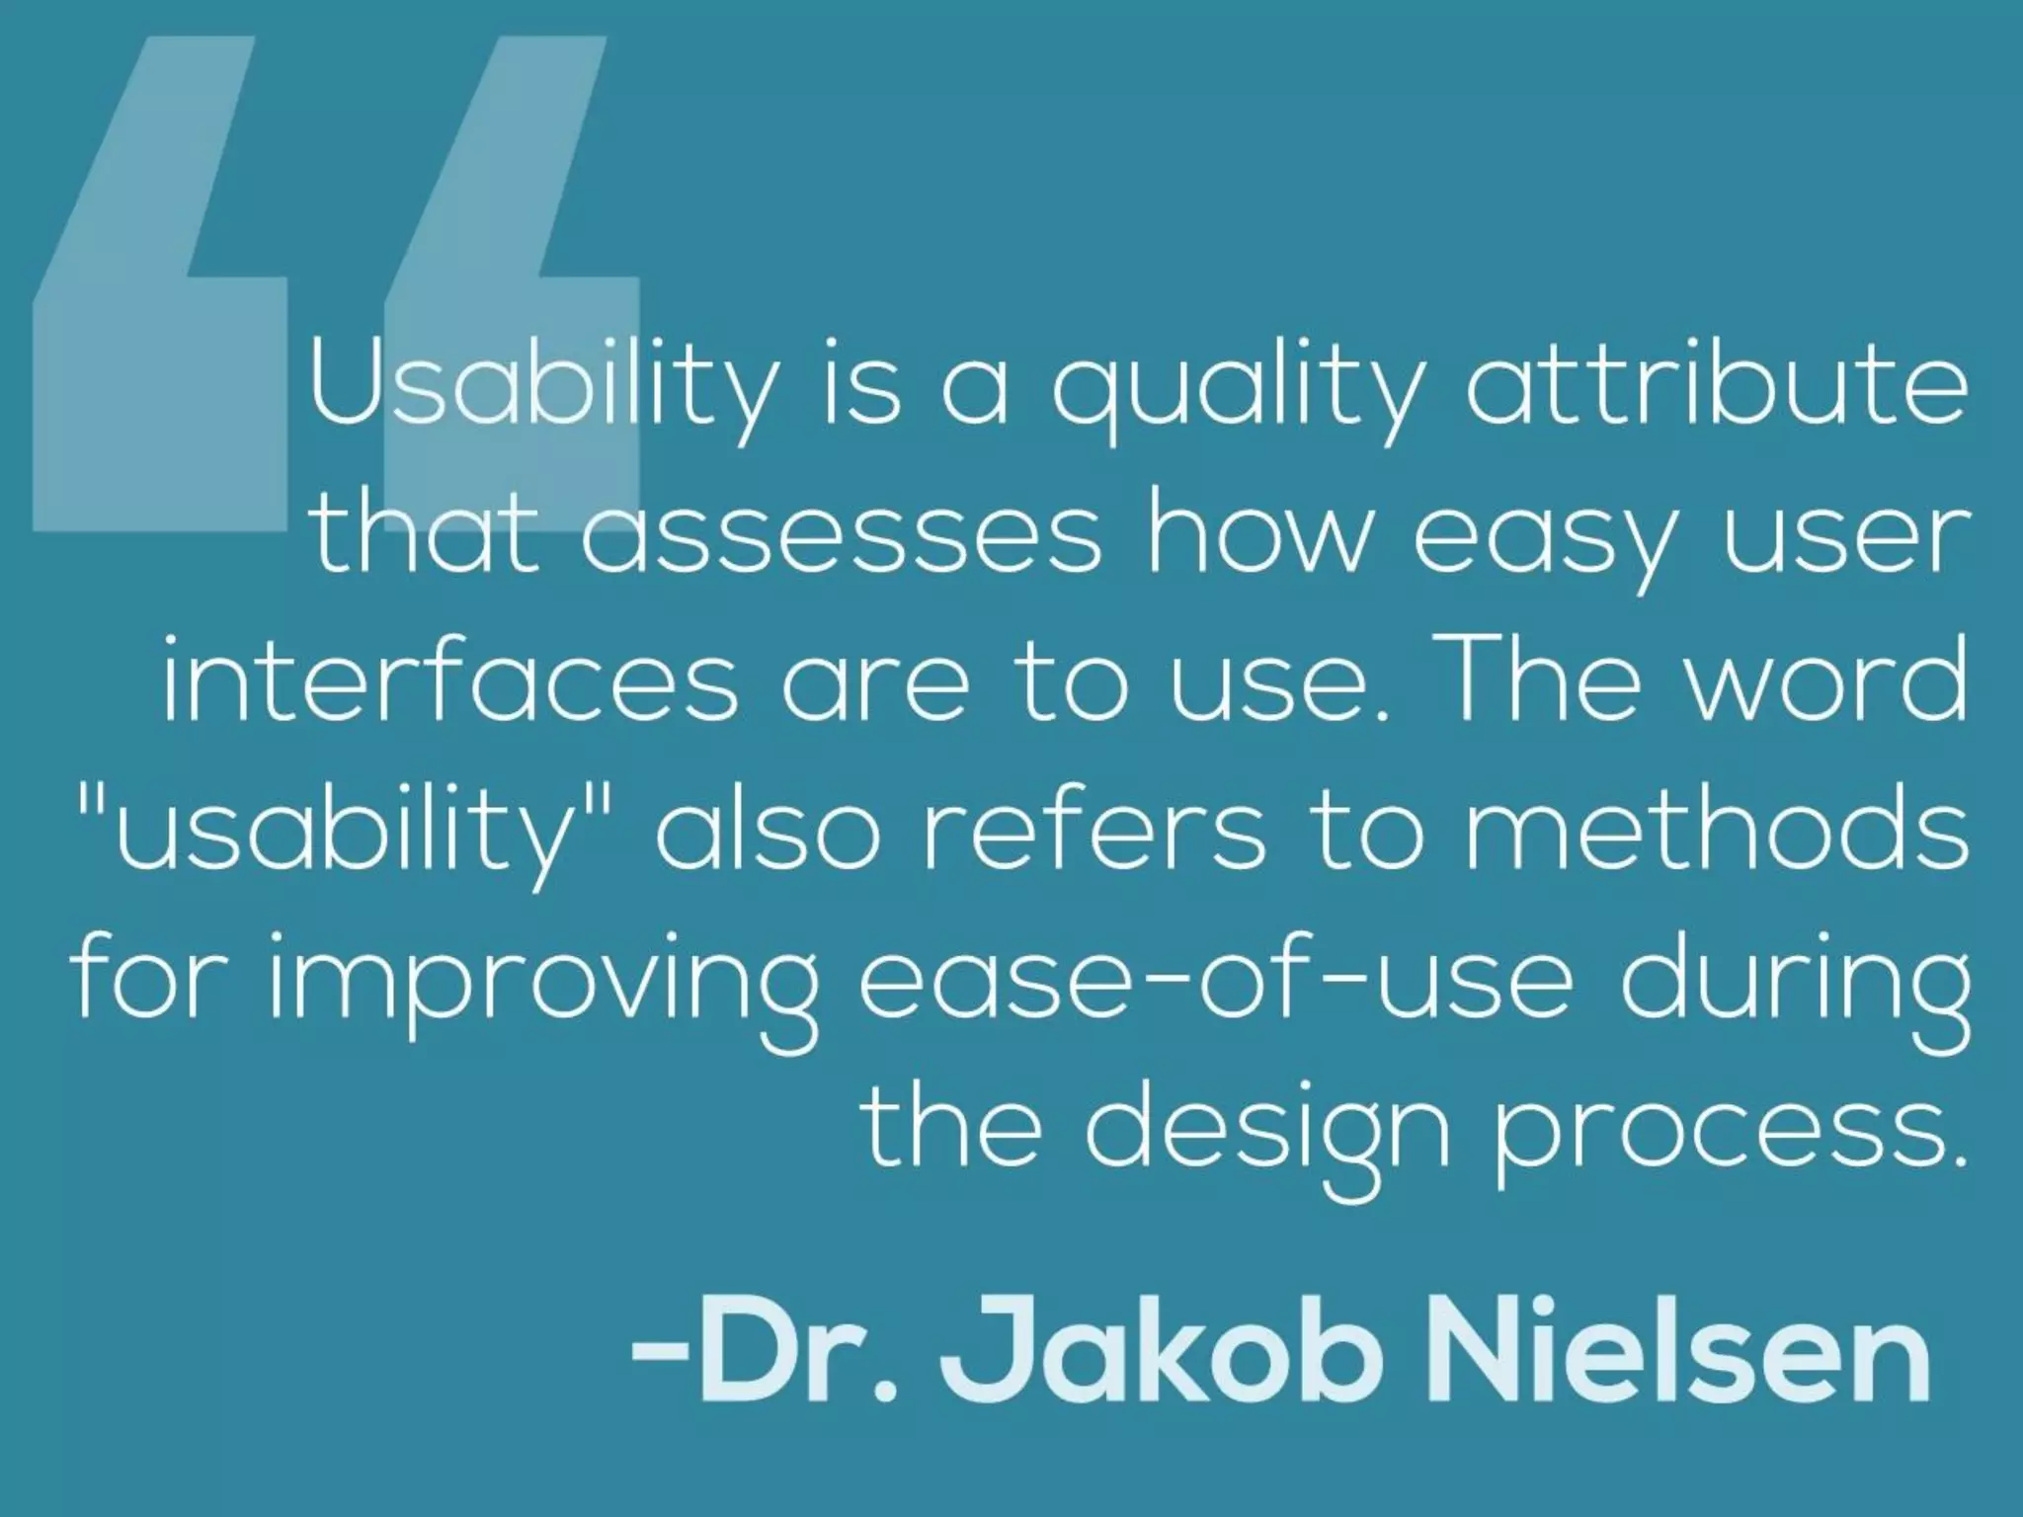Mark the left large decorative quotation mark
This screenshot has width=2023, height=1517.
click(x=158, y=286)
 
